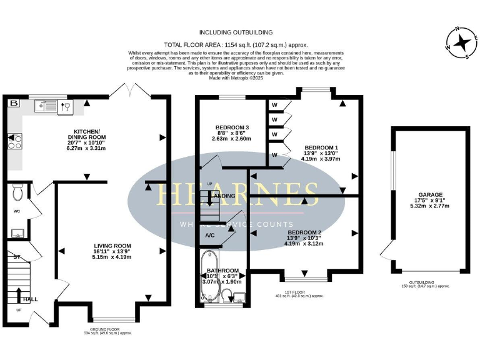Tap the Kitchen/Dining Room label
tap(87, 141)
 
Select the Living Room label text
tap(112, 251)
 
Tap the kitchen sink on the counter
tap(47, 106)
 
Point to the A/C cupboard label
tap(211, 235)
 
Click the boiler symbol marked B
tap(13, 103)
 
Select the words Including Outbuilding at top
tap(236, 32)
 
